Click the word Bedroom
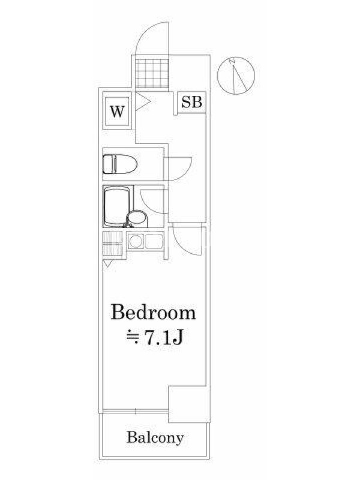click(154, 313)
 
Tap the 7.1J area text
click(155, 337)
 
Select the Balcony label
click(155, 438)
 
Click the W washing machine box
click(118, 112)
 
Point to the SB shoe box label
click(191, 102)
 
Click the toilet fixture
click(119, 164)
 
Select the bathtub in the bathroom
click(116, 206)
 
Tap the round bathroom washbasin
click(137, 218)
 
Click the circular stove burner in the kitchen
click(134, 242)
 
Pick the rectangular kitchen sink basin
click(154, 242)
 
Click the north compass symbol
click(236, 75)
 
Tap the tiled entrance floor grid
click(152, 73)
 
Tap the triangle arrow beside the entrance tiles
click(142, 101)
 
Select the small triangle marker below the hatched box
click(107, 264)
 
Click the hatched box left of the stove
click(112, 244)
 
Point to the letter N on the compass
click(233, 61)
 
